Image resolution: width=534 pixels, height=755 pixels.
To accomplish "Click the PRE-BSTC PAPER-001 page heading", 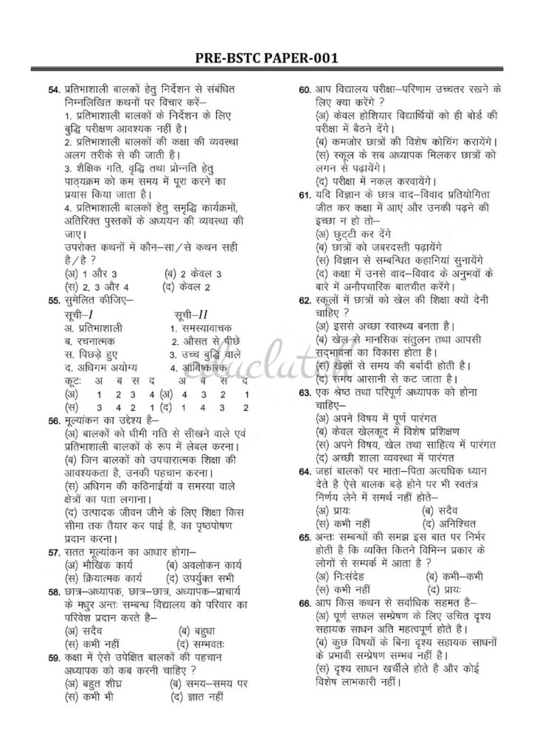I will [267, 60].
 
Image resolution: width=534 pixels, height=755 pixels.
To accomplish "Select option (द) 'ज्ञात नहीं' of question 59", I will [201, 694].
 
